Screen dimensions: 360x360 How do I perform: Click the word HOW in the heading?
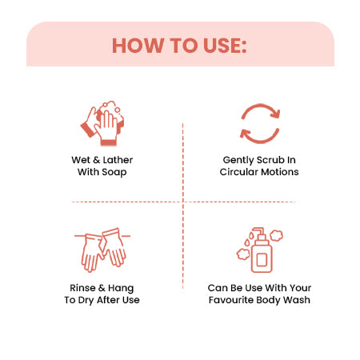tap(138, 46)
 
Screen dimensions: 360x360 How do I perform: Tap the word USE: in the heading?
tap(225, 46)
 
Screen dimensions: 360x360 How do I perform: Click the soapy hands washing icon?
tap(102, 123)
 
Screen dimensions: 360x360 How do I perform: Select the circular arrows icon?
tap(260, 123)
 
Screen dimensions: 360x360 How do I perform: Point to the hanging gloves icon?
tap(102, 250)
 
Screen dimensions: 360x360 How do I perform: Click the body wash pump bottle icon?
tap(260, 250)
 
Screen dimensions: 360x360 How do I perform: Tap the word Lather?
tap(118, 160)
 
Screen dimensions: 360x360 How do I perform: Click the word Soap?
tap(114, 172)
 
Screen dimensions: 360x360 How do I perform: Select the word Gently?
tap(238, 160)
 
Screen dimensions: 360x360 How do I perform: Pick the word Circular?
tap(239, 172)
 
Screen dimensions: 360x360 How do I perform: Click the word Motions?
tap(279, 172)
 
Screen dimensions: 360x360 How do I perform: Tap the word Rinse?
tap(82, 288)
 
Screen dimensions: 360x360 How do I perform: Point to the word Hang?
tap(121, 289)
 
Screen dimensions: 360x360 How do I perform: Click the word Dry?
tap(86, 300)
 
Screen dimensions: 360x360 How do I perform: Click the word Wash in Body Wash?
tap(297, 300)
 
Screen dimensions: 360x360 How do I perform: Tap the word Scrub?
tap(270, 160)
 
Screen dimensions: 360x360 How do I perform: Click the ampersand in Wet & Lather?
tap(97, 160)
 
